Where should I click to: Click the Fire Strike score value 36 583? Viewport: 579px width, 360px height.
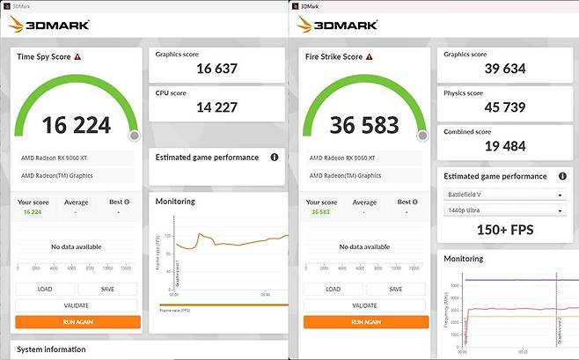[364, 125]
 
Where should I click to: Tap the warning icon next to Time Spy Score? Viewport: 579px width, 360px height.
[77, 57]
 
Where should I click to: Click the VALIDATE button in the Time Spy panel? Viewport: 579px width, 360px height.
[77, 305]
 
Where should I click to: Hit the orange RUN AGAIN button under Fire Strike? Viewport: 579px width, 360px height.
[365, 322]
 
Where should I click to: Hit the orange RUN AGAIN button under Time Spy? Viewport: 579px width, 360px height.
[77, 322]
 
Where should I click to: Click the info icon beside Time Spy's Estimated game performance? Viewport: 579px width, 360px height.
[275, 158]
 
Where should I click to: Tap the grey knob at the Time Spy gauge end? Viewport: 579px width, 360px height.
[134, 136]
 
